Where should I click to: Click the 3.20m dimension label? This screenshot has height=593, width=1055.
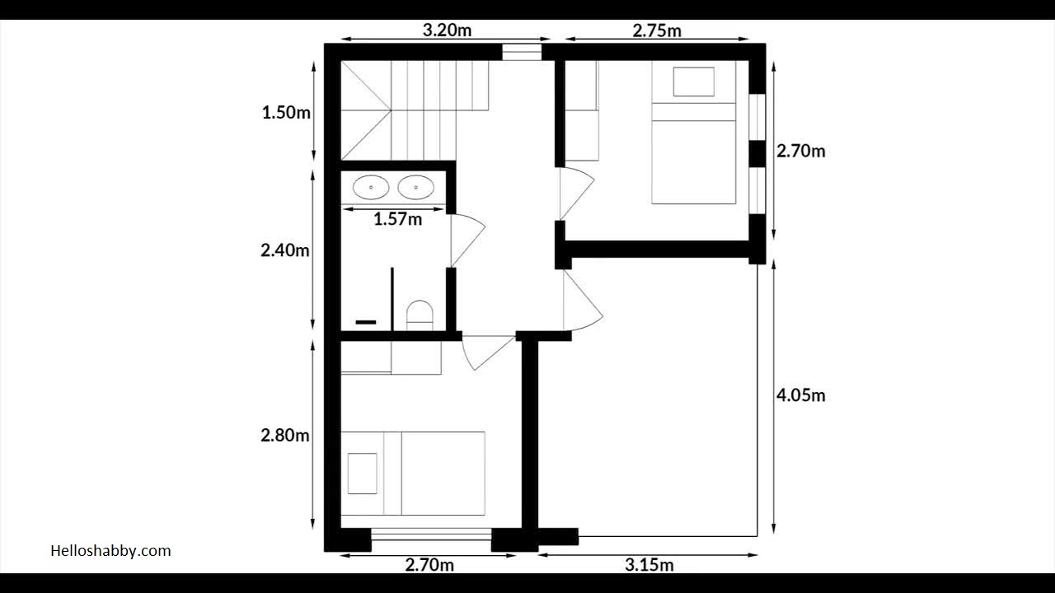coord(447,30)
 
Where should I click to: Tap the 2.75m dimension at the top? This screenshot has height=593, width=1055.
coord(657,30)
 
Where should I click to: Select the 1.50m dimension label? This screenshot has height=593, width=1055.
coord(286,113)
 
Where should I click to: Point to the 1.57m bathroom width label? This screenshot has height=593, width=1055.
coord(397,219)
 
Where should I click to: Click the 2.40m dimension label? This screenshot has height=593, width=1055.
coord(285,250)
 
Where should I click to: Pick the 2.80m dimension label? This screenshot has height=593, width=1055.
coord(285,436)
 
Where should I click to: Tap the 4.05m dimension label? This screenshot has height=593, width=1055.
coord(800,395)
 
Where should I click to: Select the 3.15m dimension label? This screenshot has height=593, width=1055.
coord(649,565)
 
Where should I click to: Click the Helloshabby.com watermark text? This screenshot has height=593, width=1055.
coord(110,551)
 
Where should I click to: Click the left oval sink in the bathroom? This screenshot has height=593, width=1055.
coord(371,188)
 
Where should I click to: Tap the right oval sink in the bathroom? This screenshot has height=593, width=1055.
coord(415,188)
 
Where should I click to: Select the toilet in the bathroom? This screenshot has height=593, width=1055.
coord(420,315)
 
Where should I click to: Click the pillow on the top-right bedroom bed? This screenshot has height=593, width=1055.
coord(693,82)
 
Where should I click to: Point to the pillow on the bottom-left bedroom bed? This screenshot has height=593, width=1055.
coord(362,474)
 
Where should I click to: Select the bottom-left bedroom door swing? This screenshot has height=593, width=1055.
coord(485,351)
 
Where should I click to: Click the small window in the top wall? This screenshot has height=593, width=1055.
coord(522,52)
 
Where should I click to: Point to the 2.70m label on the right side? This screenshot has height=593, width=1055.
coord(800,152)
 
